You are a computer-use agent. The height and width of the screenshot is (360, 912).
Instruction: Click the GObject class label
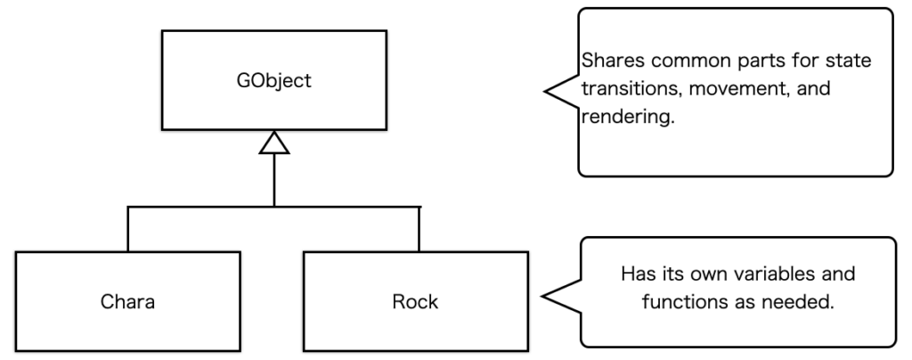point(274,81)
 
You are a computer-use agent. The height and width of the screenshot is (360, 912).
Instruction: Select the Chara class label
point(128,301)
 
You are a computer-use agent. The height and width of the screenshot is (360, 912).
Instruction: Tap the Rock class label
point(415,301)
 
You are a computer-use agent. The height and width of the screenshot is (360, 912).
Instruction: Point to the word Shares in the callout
point(607,62)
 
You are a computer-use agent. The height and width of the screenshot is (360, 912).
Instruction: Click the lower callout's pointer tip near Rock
point(545,293)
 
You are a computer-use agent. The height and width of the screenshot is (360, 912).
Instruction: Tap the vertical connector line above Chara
point(128,229)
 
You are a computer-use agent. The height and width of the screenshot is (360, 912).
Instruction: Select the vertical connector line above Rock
point(418,229)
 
